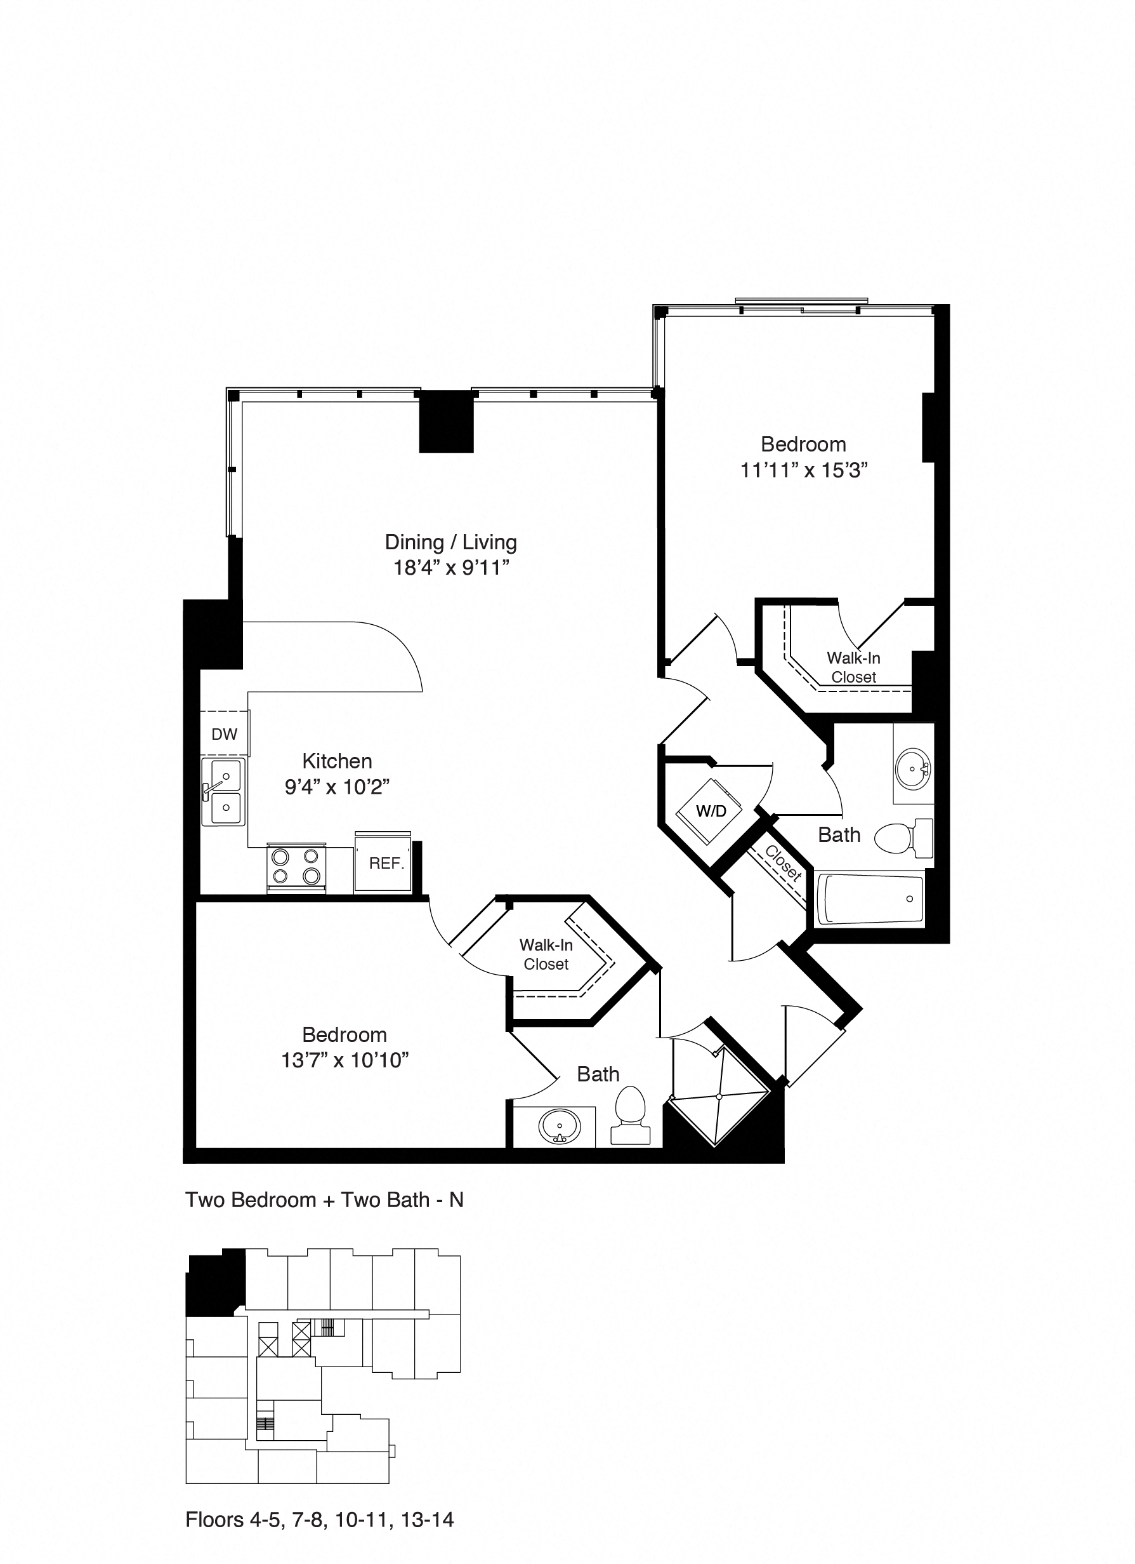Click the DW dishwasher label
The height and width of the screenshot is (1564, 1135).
[224, 735]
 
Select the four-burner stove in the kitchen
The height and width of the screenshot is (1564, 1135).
[296, 867]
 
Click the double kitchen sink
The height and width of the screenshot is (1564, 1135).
[223, 792]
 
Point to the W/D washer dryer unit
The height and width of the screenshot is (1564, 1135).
[711, 810]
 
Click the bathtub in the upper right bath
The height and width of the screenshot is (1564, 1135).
[870, 899]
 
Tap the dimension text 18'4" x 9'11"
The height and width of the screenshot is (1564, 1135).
[450, 568]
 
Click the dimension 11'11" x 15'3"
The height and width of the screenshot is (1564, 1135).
[804, 471]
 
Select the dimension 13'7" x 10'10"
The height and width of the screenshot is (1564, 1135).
[344, 1060]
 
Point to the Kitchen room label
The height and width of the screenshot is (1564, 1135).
[337, 761]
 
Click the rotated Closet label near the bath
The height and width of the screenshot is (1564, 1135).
[783, 864]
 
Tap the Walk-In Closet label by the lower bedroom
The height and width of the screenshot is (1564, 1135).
[546, 954]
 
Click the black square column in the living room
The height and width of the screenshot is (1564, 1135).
[447, 422]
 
